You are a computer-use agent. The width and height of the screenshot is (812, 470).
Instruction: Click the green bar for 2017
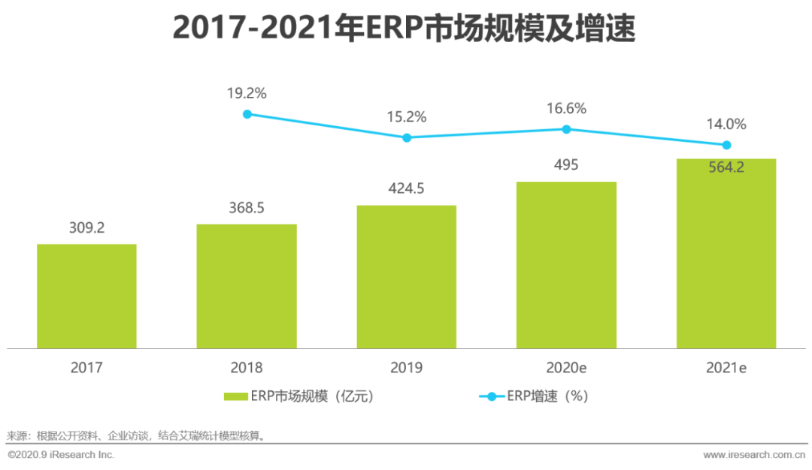86,296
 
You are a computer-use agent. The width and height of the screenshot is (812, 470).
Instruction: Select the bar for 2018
247,286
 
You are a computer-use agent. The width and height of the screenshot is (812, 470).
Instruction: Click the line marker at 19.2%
247,114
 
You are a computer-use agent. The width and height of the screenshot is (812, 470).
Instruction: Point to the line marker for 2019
407,137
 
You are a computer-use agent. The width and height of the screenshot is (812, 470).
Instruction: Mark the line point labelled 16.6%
566,129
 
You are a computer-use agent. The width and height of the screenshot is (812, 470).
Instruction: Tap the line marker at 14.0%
726,145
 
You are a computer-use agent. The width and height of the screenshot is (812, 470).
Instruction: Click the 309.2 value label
86,226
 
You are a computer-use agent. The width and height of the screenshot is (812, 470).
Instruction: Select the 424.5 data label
406,188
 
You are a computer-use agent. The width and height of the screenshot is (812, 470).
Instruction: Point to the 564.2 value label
726,167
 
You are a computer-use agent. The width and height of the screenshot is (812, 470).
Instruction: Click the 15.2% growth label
406,117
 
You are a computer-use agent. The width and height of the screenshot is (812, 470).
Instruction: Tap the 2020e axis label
566,368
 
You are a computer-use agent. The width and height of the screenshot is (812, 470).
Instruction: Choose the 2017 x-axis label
86,368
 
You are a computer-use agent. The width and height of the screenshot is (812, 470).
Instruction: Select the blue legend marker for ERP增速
492,396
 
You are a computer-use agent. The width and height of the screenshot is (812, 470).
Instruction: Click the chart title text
404,29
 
